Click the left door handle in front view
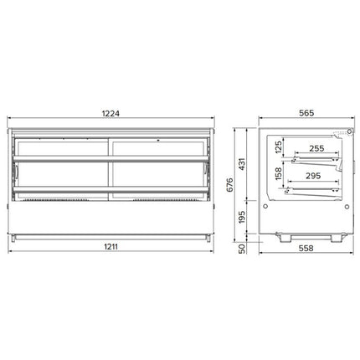click(x=16, y=171)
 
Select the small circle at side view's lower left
click(x=267, y=200)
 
